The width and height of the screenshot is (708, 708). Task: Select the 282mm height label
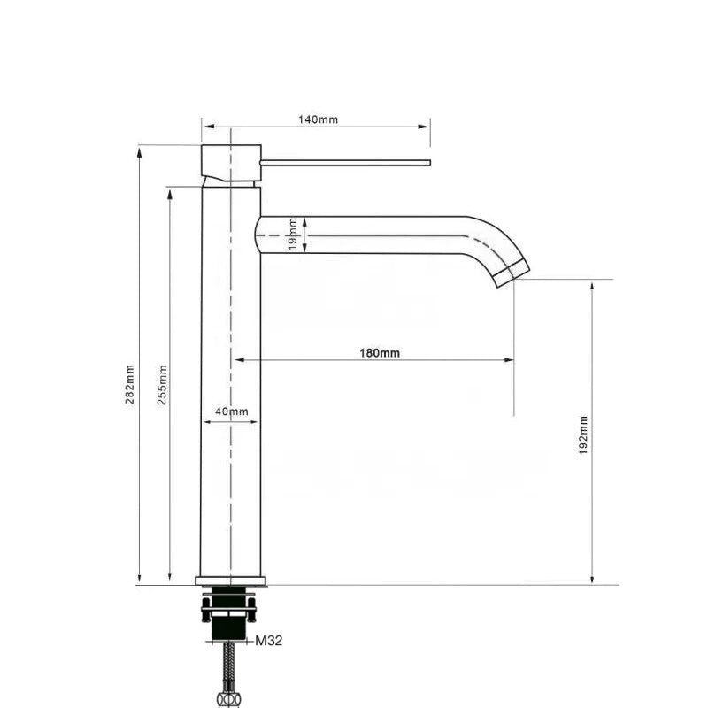click(x=130, y=385)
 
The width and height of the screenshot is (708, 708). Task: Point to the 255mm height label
click(x=162, y=385)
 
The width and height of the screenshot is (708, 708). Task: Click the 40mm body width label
click(x=232, y=412)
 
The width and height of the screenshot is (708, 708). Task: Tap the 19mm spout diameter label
click(x=293, y=236)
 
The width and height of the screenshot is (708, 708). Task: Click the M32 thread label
click(x=269, y=642)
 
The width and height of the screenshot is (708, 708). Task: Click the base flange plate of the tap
click(x=231, y=581)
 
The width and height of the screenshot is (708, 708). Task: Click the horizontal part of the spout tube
click(x=372, y=235)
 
